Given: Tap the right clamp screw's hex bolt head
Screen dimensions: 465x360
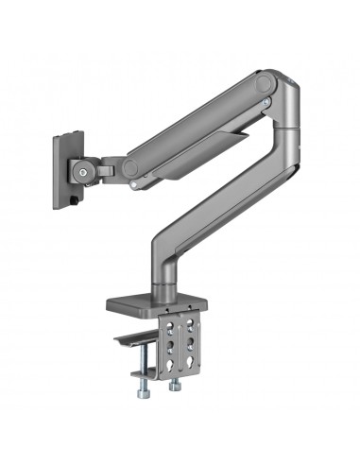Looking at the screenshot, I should point(173,385).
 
